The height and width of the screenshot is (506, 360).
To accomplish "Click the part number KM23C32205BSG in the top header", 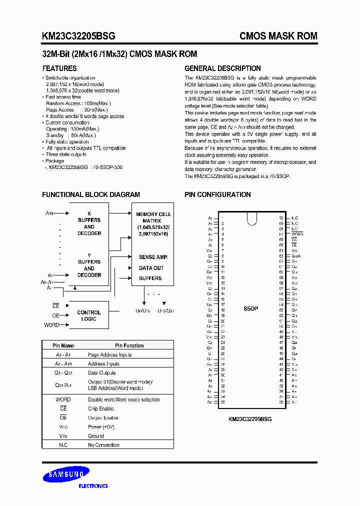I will (78, 36).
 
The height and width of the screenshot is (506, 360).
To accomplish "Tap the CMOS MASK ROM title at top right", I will (278, 36).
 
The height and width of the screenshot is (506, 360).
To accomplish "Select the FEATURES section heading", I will (59, 68).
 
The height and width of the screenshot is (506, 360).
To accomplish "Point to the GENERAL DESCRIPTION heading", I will (222, 68).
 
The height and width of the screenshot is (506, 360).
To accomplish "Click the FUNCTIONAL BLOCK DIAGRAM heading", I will (91, 194).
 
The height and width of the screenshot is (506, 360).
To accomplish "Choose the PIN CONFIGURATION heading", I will (217, 194).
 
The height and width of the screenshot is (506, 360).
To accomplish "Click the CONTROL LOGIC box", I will (89, 315).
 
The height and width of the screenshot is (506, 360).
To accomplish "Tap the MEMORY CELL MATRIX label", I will (153, 217).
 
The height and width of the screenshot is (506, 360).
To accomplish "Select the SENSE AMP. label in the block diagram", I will (153, 257).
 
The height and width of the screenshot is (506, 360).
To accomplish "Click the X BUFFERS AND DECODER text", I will (89, 223).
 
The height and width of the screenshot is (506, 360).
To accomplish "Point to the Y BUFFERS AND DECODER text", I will (89, 265).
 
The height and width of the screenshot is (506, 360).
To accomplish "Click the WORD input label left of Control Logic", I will (51, 325).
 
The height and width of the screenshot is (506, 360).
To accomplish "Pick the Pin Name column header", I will (63, 345).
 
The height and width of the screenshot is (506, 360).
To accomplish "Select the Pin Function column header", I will (129, 345).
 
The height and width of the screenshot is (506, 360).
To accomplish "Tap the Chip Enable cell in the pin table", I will (101, 408).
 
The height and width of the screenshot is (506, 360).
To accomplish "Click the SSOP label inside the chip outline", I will (250, 308).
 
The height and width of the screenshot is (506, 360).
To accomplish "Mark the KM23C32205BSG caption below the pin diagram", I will (250, 419).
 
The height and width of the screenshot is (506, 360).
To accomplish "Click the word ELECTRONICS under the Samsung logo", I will (93, 486).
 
